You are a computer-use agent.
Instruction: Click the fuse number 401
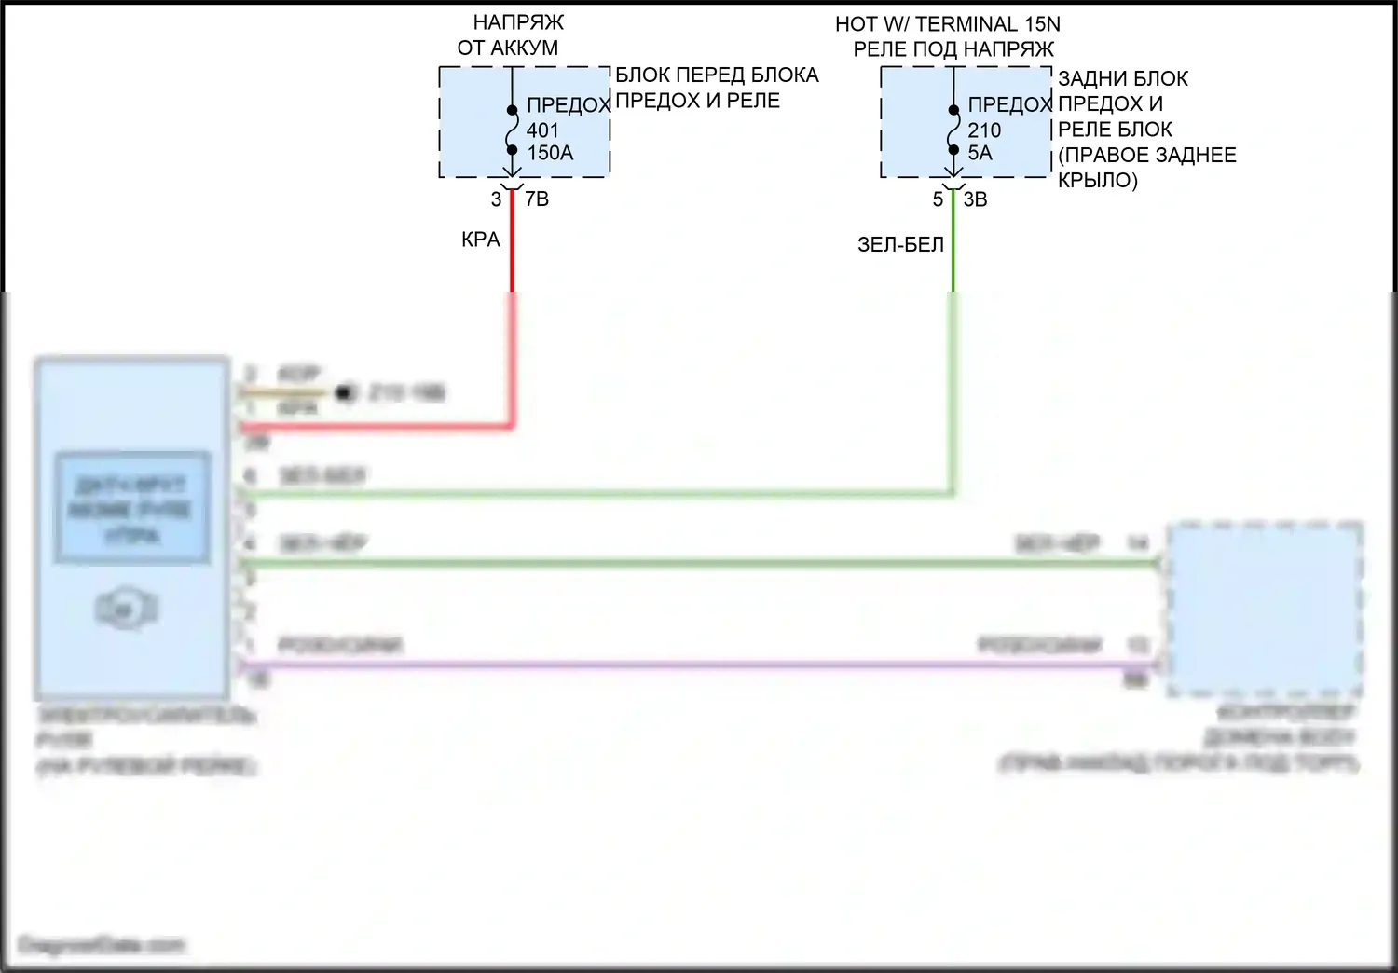tap(542, 130)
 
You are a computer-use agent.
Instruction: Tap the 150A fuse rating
tap(550, 153)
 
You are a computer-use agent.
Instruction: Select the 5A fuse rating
tap(980, 153)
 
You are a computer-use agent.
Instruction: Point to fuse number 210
tap(984, 130)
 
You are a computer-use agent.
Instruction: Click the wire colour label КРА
tap(481, 240)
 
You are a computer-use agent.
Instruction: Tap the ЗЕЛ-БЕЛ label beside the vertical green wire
tap(900, 244)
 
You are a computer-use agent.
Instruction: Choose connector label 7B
tap(537, 199)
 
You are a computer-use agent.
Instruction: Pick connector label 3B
tap(975, 199)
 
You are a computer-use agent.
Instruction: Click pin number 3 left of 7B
tap(496, 199)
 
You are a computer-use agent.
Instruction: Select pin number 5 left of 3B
tap(938, 199)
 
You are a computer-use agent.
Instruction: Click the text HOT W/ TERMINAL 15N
tap(947, 24)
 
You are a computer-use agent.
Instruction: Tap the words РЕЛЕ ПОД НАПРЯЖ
tap(953, 48)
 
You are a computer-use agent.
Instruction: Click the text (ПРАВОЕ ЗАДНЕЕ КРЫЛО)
tap(1146, 168)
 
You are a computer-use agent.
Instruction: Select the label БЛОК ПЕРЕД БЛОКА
tap(717, 75)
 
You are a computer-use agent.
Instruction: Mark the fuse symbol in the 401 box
tap(512, 130)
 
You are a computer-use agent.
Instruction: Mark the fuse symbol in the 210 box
tap(953, 130)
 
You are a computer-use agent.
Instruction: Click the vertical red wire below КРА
tap(512, 326)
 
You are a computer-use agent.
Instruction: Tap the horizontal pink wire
tap(699, 665)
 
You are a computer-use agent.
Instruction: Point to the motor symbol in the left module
tap(128, 610)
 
